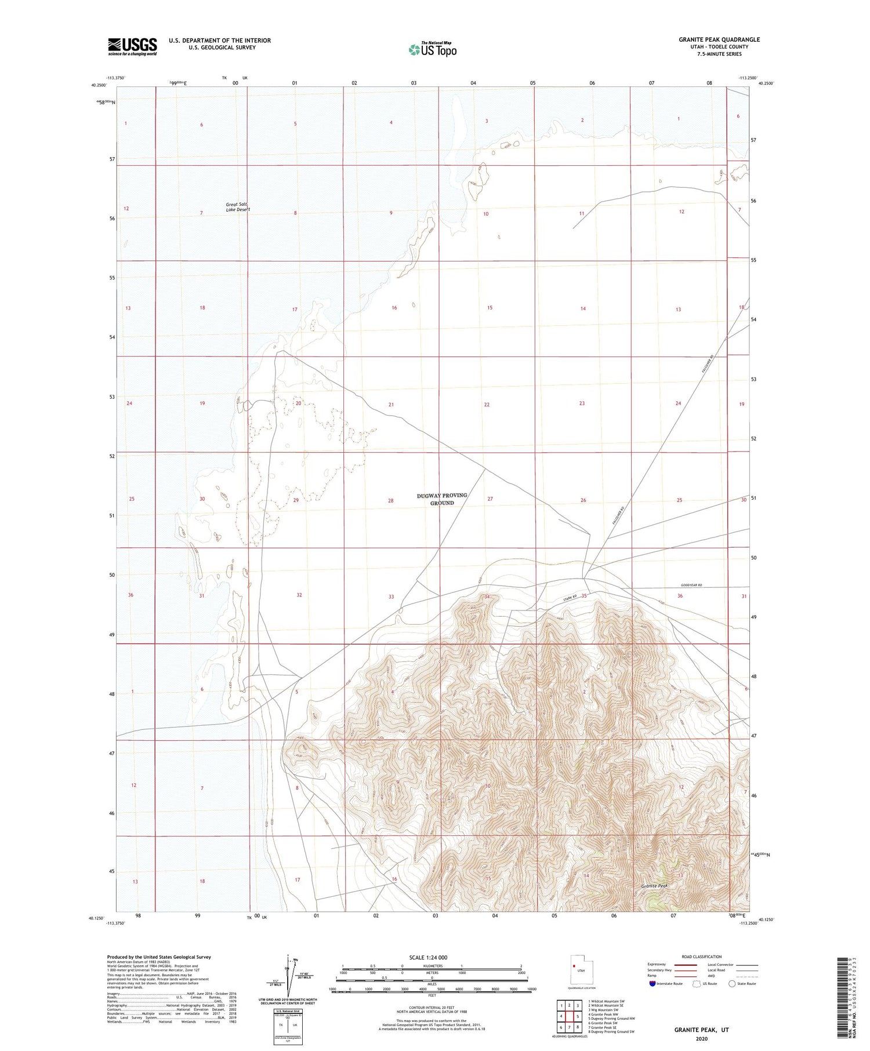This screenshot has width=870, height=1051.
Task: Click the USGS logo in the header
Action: pyautogui.click(x=132, y=46)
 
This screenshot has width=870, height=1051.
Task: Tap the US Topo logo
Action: pyautogui.click(x=432, y=50)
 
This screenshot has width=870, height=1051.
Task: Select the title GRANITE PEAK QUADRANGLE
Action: pyautogui.click(x=719, y=39)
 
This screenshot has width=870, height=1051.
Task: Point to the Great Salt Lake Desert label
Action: pyautogui.click(x=238, y=207)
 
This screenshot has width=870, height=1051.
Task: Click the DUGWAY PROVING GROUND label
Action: pyautogui.click(x=442, y=499)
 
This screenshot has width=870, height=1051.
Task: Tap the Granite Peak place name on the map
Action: pyautogui.click(x=654, y=886)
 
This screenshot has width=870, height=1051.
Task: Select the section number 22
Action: pyautogui.click(x=487, y=405)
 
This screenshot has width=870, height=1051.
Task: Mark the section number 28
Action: pyautogui.click(x=391, y=500)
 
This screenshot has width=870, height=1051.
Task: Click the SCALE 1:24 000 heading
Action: pyautogui.click(x=429, y=958)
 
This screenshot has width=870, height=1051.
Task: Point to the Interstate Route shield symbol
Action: pyautogui.click(x=653, y=984)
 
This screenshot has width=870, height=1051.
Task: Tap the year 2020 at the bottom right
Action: pyautogui.click(x=701, y=1039)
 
